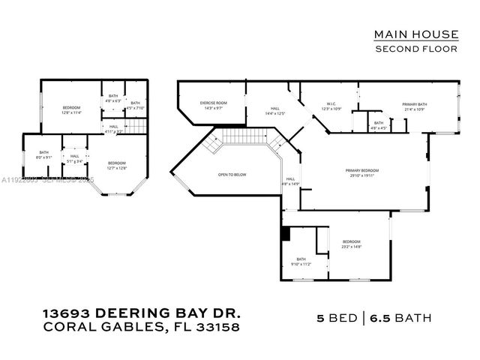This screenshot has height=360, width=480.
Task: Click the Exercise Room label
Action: pyautogui.click(x=212, y=105)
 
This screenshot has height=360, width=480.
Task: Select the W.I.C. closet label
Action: pyautogui.click(x=331, y=106)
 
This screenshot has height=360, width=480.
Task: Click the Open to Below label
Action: pyautogui.click(x=232, y=175)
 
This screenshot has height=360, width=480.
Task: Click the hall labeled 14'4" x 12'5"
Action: pyautogui.click(x=275, y=111)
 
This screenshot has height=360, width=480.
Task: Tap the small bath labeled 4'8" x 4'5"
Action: pyautogui.click(x=379, y=124)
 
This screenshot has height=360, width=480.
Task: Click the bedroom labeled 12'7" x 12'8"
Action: pyautogui.click(x=116, y=166)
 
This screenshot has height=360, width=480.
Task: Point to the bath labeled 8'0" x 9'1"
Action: pyautogui.click(x=44, y=154)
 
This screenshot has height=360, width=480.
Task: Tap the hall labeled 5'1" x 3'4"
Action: pyautogui.click(x=75, y=158)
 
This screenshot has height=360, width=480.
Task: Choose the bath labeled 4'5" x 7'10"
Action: pyautogui.click(x=136, y=105)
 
